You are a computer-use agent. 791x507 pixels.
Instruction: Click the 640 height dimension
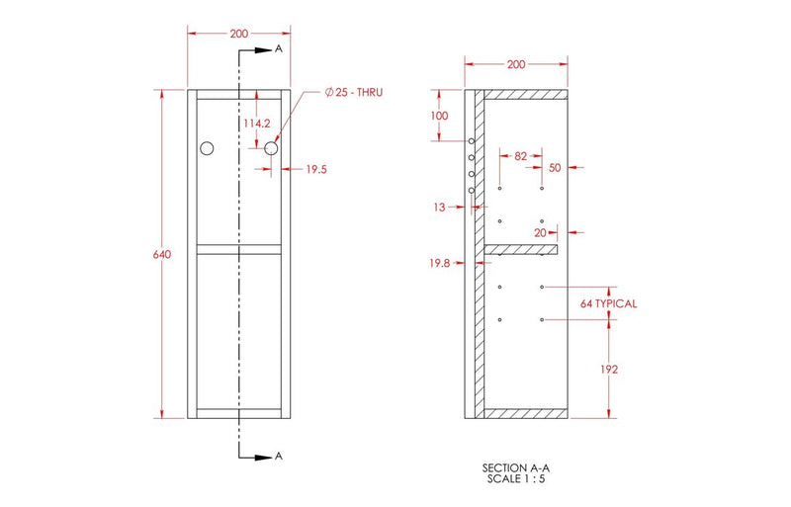click(162, 255)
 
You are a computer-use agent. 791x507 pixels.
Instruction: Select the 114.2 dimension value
click(257, 124)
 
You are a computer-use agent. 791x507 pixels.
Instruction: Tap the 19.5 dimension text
click(315, 170)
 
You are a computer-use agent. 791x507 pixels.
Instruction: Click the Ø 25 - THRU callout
click(353, 92)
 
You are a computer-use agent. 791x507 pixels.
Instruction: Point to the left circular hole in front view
click(207, 148)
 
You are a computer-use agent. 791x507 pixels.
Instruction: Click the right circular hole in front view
click(271, 148)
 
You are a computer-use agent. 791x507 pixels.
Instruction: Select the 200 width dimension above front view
click(238, 33)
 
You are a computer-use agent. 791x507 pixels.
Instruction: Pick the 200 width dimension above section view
click(515, 64)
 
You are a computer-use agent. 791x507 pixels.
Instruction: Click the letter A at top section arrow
click(280, 47)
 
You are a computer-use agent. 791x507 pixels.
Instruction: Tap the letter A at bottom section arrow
click(280, 456)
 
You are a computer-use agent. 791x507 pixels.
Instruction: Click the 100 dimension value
click(439, 116)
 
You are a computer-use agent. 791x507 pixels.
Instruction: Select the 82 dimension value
click(521, 155)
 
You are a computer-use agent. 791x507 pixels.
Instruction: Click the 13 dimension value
click(439, 207)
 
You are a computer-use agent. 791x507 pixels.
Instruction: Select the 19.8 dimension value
click(438, 263)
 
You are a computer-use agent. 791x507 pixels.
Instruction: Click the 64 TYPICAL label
click(609, 303)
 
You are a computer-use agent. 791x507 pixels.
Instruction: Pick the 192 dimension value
click(609, 369)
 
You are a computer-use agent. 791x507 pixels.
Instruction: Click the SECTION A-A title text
click(515, 467)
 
